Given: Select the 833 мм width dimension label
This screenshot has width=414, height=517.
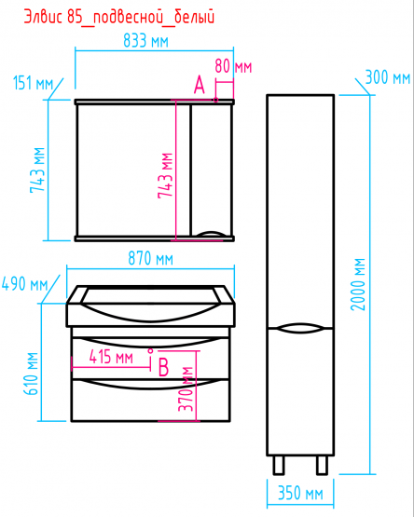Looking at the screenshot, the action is tap(145, 41).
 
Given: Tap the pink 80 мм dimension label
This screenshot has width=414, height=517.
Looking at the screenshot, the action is tap(233, 66).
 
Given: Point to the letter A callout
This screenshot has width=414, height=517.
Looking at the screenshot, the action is tap(200, 85).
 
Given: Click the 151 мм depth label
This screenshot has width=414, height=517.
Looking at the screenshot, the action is tap(33, 83).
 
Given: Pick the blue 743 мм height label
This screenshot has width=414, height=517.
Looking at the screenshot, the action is tap(37, 170).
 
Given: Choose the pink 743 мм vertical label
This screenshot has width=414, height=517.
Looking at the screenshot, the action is tap(165, 175).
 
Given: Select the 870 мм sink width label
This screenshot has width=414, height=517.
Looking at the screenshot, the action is tap(150, 258).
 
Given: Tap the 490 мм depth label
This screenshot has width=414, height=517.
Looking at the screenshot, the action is tap(25, 283).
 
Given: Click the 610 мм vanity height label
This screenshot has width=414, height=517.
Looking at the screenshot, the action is tap(32, 374).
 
